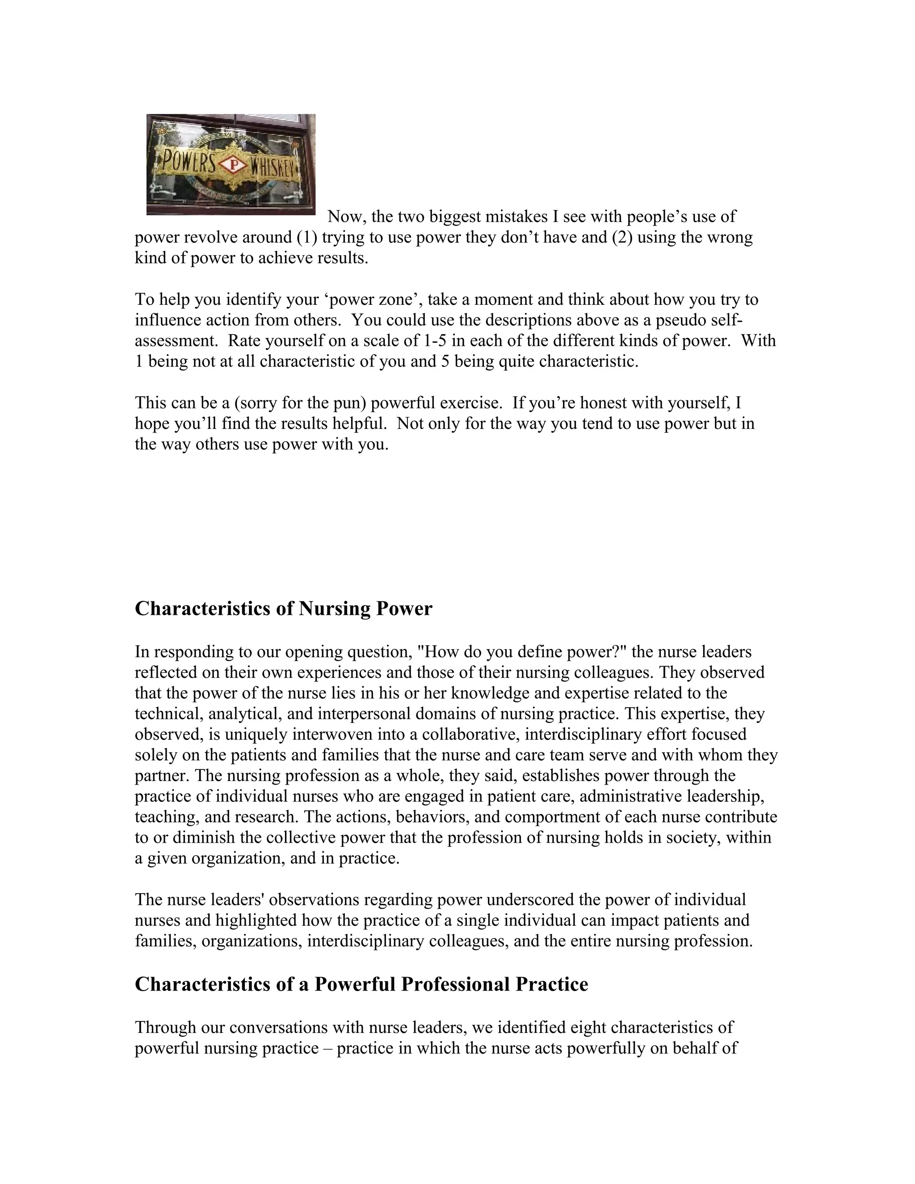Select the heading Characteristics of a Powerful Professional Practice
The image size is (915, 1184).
coord(361,984)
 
